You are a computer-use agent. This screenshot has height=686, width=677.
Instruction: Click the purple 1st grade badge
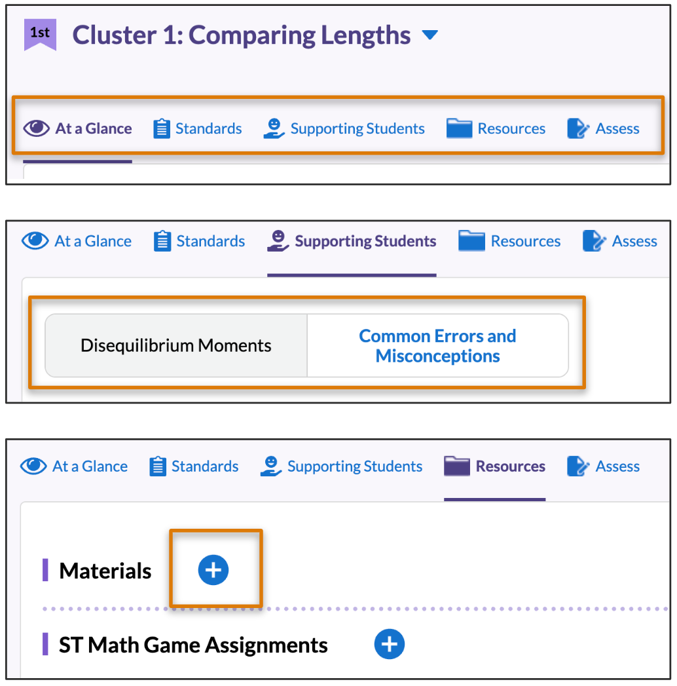(40, 34)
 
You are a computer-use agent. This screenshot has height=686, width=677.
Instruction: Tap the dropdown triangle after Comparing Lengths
(430, 35)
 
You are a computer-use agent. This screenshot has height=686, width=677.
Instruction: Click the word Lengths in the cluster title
(367, 35)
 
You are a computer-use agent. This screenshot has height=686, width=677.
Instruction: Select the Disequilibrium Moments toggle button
(175, 345)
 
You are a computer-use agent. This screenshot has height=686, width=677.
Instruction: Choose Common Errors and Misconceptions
(437, 345)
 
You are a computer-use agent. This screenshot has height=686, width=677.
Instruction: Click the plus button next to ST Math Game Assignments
(390, 645)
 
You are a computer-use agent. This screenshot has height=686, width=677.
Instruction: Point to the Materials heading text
(105, 571)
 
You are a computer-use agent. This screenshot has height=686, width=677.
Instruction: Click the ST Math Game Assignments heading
(193, 645)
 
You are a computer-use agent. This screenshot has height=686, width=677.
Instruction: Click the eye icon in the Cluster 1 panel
(36, 128)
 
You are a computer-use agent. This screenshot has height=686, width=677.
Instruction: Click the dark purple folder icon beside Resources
(457, 467)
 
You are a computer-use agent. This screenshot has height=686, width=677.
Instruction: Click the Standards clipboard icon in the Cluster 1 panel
(161, 128)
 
